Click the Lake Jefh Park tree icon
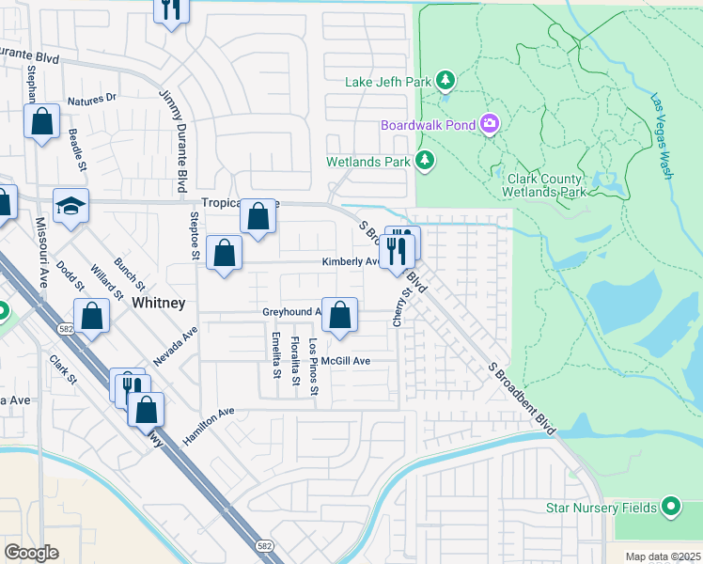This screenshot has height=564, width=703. tap(446, 82)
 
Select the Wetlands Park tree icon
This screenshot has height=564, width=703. tap(425, 161)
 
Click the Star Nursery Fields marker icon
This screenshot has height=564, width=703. tap(670, 508)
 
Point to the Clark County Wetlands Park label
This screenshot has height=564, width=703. tap(546, 184)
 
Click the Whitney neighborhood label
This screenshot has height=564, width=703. tap(159, 303)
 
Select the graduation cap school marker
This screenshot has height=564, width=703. tap(71, 206)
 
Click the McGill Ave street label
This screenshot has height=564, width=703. tap(346, 361)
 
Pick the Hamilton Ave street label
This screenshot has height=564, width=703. tap(209, 426)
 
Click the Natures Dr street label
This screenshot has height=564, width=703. tap(92, 98)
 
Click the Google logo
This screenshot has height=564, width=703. tap(32, 553)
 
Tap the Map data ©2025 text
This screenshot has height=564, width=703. tap(663, 556)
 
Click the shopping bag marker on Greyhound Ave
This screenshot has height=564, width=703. tap(340, 316)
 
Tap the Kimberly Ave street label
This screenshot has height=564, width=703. tap(350, 262)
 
